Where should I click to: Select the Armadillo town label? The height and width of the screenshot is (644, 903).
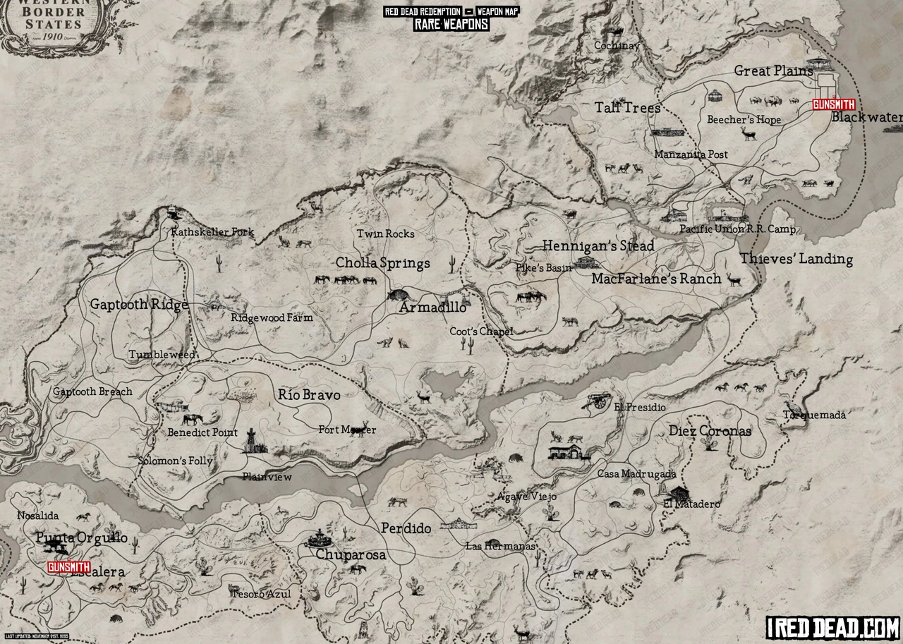[x=432, y=308]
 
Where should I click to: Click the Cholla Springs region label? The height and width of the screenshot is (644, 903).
[x=382, y=263]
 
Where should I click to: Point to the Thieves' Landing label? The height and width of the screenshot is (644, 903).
[x=796, y=259]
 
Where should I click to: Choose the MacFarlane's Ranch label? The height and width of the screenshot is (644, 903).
[x=656, y=279]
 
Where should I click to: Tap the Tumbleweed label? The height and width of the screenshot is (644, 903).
[x=162, y=355]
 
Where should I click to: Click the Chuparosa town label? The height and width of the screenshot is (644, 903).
[x=351, y=555]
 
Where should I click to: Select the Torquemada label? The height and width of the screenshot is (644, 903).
[x=814, y=415]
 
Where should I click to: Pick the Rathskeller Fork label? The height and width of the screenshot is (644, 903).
[x=212, y=232]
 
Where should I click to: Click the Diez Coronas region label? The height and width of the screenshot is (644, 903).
[x=710, y=431]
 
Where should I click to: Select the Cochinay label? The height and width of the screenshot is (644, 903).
[x=616, y=46]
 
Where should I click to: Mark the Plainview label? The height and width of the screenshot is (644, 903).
[x=267, y=477]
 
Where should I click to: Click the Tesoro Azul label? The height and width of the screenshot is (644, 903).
[x=260, y=594]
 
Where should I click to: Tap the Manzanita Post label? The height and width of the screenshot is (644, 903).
[x=691, y=154]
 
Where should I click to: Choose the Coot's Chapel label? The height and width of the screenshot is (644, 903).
[x=481, y=332]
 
